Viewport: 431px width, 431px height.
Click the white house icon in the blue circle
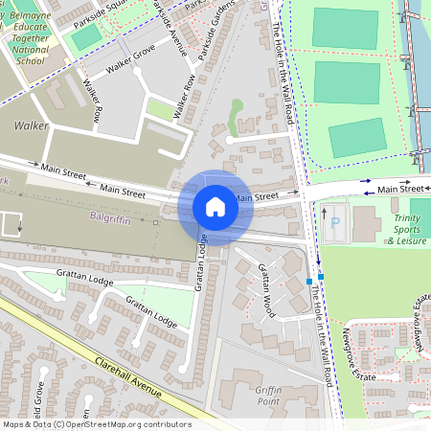215,207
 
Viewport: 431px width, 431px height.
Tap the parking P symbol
334,223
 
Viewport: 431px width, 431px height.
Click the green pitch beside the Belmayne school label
87,37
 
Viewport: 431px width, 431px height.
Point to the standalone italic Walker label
31,125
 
